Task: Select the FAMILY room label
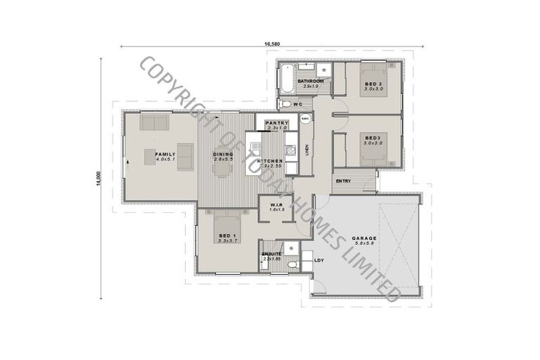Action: pyautogui.click(x=165, y=154)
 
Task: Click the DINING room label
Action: pyautogui.click(x=223, y=154)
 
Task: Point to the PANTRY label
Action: pyautogui.click(x=276, y=123)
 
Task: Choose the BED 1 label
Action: pyautogui.click(x=226, y=235)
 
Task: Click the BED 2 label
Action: pyautogui.click(x=373, y=84)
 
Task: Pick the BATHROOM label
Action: pyautogui.click(x=310, y=82)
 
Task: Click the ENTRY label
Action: pyautogui.click(x=343, y=181)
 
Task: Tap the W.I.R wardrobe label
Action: pyautogui.click(x=276, y=205)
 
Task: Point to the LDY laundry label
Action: pyautogui.click(x=319, y=261)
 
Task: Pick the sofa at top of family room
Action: pyautogui.click(x=154, y=124)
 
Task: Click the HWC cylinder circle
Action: pyautogui.click(x=305, y=119)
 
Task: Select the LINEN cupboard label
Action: pyautogui.click(x=307, y=150)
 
